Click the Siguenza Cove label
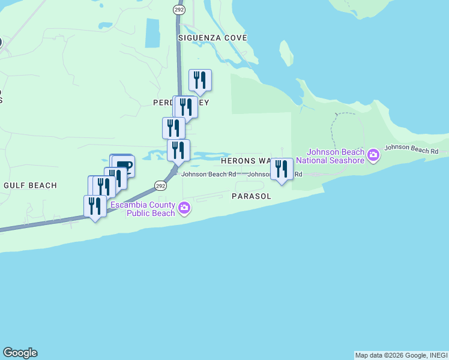[x=212, y=38]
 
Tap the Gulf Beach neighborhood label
[x=30, y=185]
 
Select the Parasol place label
[x=252, y=196]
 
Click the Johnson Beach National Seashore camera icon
[x=373, y=156]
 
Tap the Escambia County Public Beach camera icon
[x=184, y=209]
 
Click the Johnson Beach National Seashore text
[x=336, y=156]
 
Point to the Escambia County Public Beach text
[x=142, y=209]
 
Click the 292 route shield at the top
[x=179, y=10]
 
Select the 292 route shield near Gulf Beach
[x=160, y=186]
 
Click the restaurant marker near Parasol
[x=282, y=169]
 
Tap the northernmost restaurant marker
[x=200, y=80]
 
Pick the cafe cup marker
[x=124, y=165]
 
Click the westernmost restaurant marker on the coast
[x=95, y=206]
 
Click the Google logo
[x=20, y=353]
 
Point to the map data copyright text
[x=400, y=355]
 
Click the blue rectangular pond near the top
[x=152, y=33]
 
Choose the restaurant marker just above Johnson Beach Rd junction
[x=178, y=151]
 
